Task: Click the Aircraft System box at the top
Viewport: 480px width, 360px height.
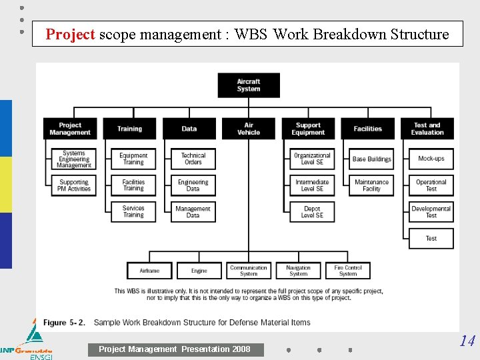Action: pos(249,85)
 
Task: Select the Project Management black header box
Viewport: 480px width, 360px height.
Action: pos(70,129)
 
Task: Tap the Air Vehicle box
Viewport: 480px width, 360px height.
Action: pos(249,129)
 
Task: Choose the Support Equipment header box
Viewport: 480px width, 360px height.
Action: pos(308,129)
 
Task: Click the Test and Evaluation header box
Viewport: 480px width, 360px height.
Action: pos(427,129)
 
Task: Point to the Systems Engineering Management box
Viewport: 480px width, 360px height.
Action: pos(74,159)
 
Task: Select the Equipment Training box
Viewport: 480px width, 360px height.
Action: pos(133,159)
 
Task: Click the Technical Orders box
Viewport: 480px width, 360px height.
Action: pos(193,159)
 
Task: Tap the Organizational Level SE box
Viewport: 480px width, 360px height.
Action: pos(312,159)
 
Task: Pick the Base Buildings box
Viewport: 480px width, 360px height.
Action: pos(371,159)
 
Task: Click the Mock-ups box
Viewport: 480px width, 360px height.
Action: pos(431,159)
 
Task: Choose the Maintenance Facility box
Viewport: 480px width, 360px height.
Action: pos(371,185)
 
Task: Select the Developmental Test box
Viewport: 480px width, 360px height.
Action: pos(431,212)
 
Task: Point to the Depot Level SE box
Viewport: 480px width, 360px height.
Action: pos(312,212)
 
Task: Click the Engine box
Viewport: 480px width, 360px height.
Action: pos(199,271)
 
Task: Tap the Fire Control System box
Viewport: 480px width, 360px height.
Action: pos(348,271)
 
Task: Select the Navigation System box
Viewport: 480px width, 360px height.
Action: pos(298,271)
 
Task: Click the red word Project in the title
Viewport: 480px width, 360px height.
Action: pos(70,34)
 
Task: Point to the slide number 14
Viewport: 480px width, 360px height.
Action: pos(467,341)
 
